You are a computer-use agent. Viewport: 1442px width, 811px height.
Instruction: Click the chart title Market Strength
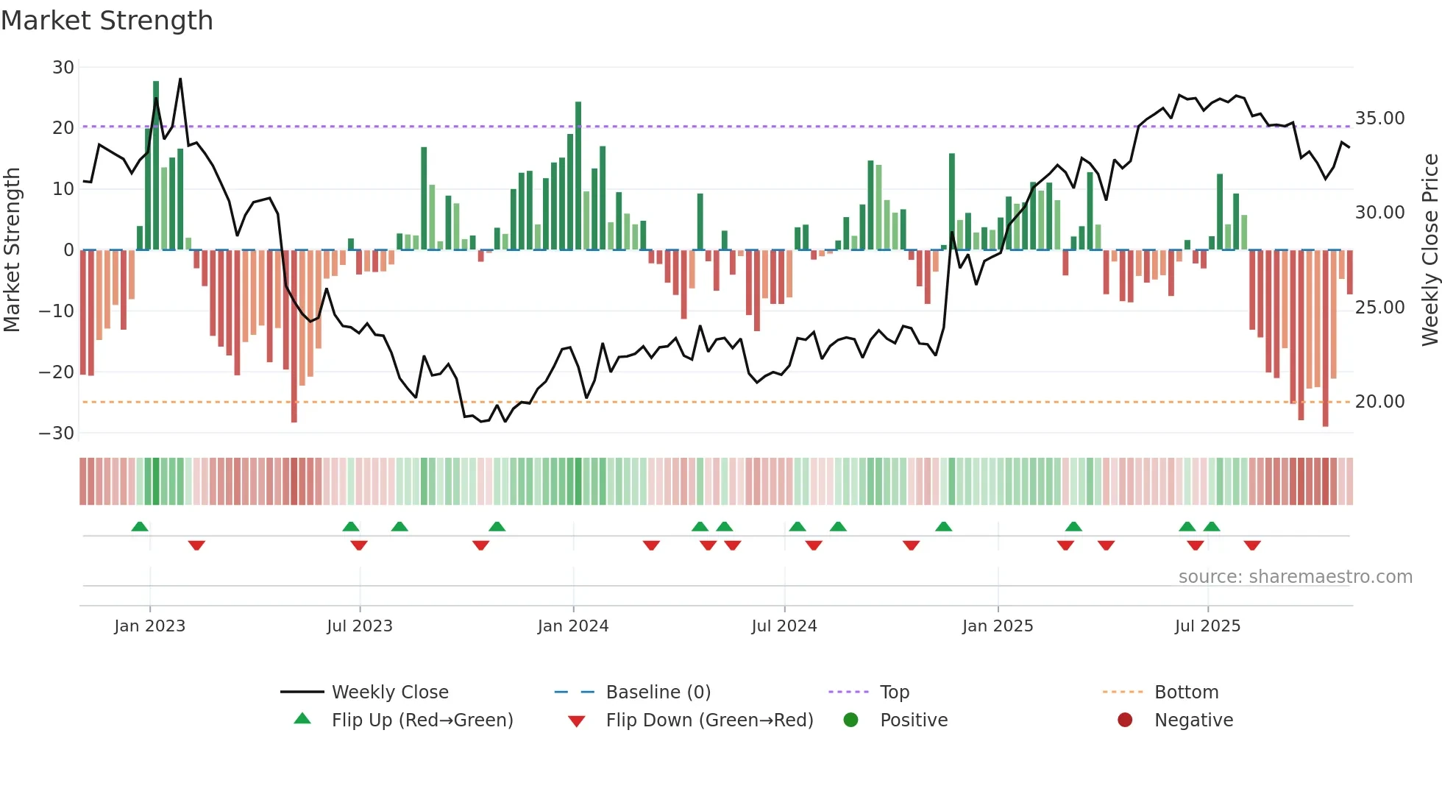(107, 21)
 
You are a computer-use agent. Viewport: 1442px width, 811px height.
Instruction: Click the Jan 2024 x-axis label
(573, 626)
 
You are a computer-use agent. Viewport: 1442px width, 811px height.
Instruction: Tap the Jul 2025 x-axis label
(1207, 626)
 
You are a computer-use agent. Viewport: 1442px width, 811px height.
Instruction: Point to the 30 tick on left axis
(63, 68)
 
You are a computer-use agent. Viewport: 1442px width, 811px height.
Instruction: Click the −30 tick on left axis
(57, 433)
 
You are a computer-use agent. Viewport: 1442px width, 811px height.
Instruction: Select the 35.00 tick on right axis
(1379, 118)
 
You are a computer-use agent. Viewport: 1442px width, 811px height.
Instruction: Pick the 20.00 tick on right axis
(1379, 402)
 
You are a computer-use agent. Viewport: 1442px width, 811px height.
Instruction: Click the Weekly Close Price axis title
(1429, 250)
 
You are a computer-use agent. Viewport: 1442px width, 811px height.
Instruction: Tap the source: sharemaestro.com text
(1295, 577)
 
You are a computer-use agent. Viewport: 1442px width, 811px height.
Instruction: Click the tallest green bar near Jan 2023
(156, 166)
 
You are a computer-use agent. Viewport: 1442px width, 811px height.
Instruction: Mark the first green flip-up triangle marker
(140, 526)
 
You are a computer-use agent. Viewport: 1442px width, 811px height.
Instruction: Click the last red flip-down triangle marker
(1252, 545)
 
